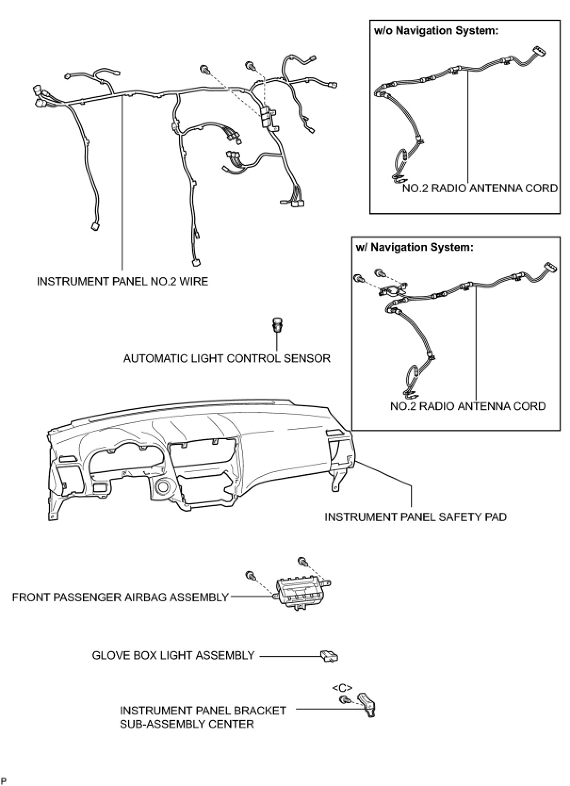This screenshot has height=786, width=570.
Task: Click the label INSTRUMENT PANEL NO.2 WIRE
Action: click(x=122, y=281)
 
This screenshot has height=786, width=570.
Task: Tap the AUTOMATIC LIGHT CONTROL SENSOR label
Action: click(x=227, y=358)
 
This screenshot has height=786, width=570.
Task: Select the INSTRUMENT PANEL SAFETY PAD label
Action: click(x=415, y=517)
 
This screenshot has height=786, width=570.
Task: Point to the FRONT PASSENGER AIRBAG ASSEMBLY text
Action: click(x=120, y=598)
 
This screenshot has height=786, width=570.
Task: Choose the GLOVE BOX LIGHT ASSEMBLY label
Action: click(x=173, y=655)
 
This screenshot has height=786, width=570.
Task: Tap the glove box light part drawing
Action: click(x=329, y=655)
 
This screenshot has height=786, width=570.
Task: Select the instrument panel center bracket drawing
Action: click(x=367, y=704)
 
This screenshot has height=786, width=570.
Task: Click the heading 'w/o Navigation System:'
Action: click(x=436, y=31)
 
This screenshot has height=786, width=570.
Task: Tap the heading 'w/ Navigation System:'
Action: click(x=415, y=247)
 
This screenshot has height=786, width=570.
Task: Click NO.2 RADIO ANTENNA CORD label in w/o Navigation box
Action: click(x=480, y=188)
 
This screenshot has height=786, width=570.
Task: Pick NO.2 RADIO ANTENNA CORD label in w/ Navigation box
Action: click(x=468, y=406)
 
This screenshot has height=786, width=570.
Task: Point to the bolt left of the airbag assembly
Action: click(x=250, y=575)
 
